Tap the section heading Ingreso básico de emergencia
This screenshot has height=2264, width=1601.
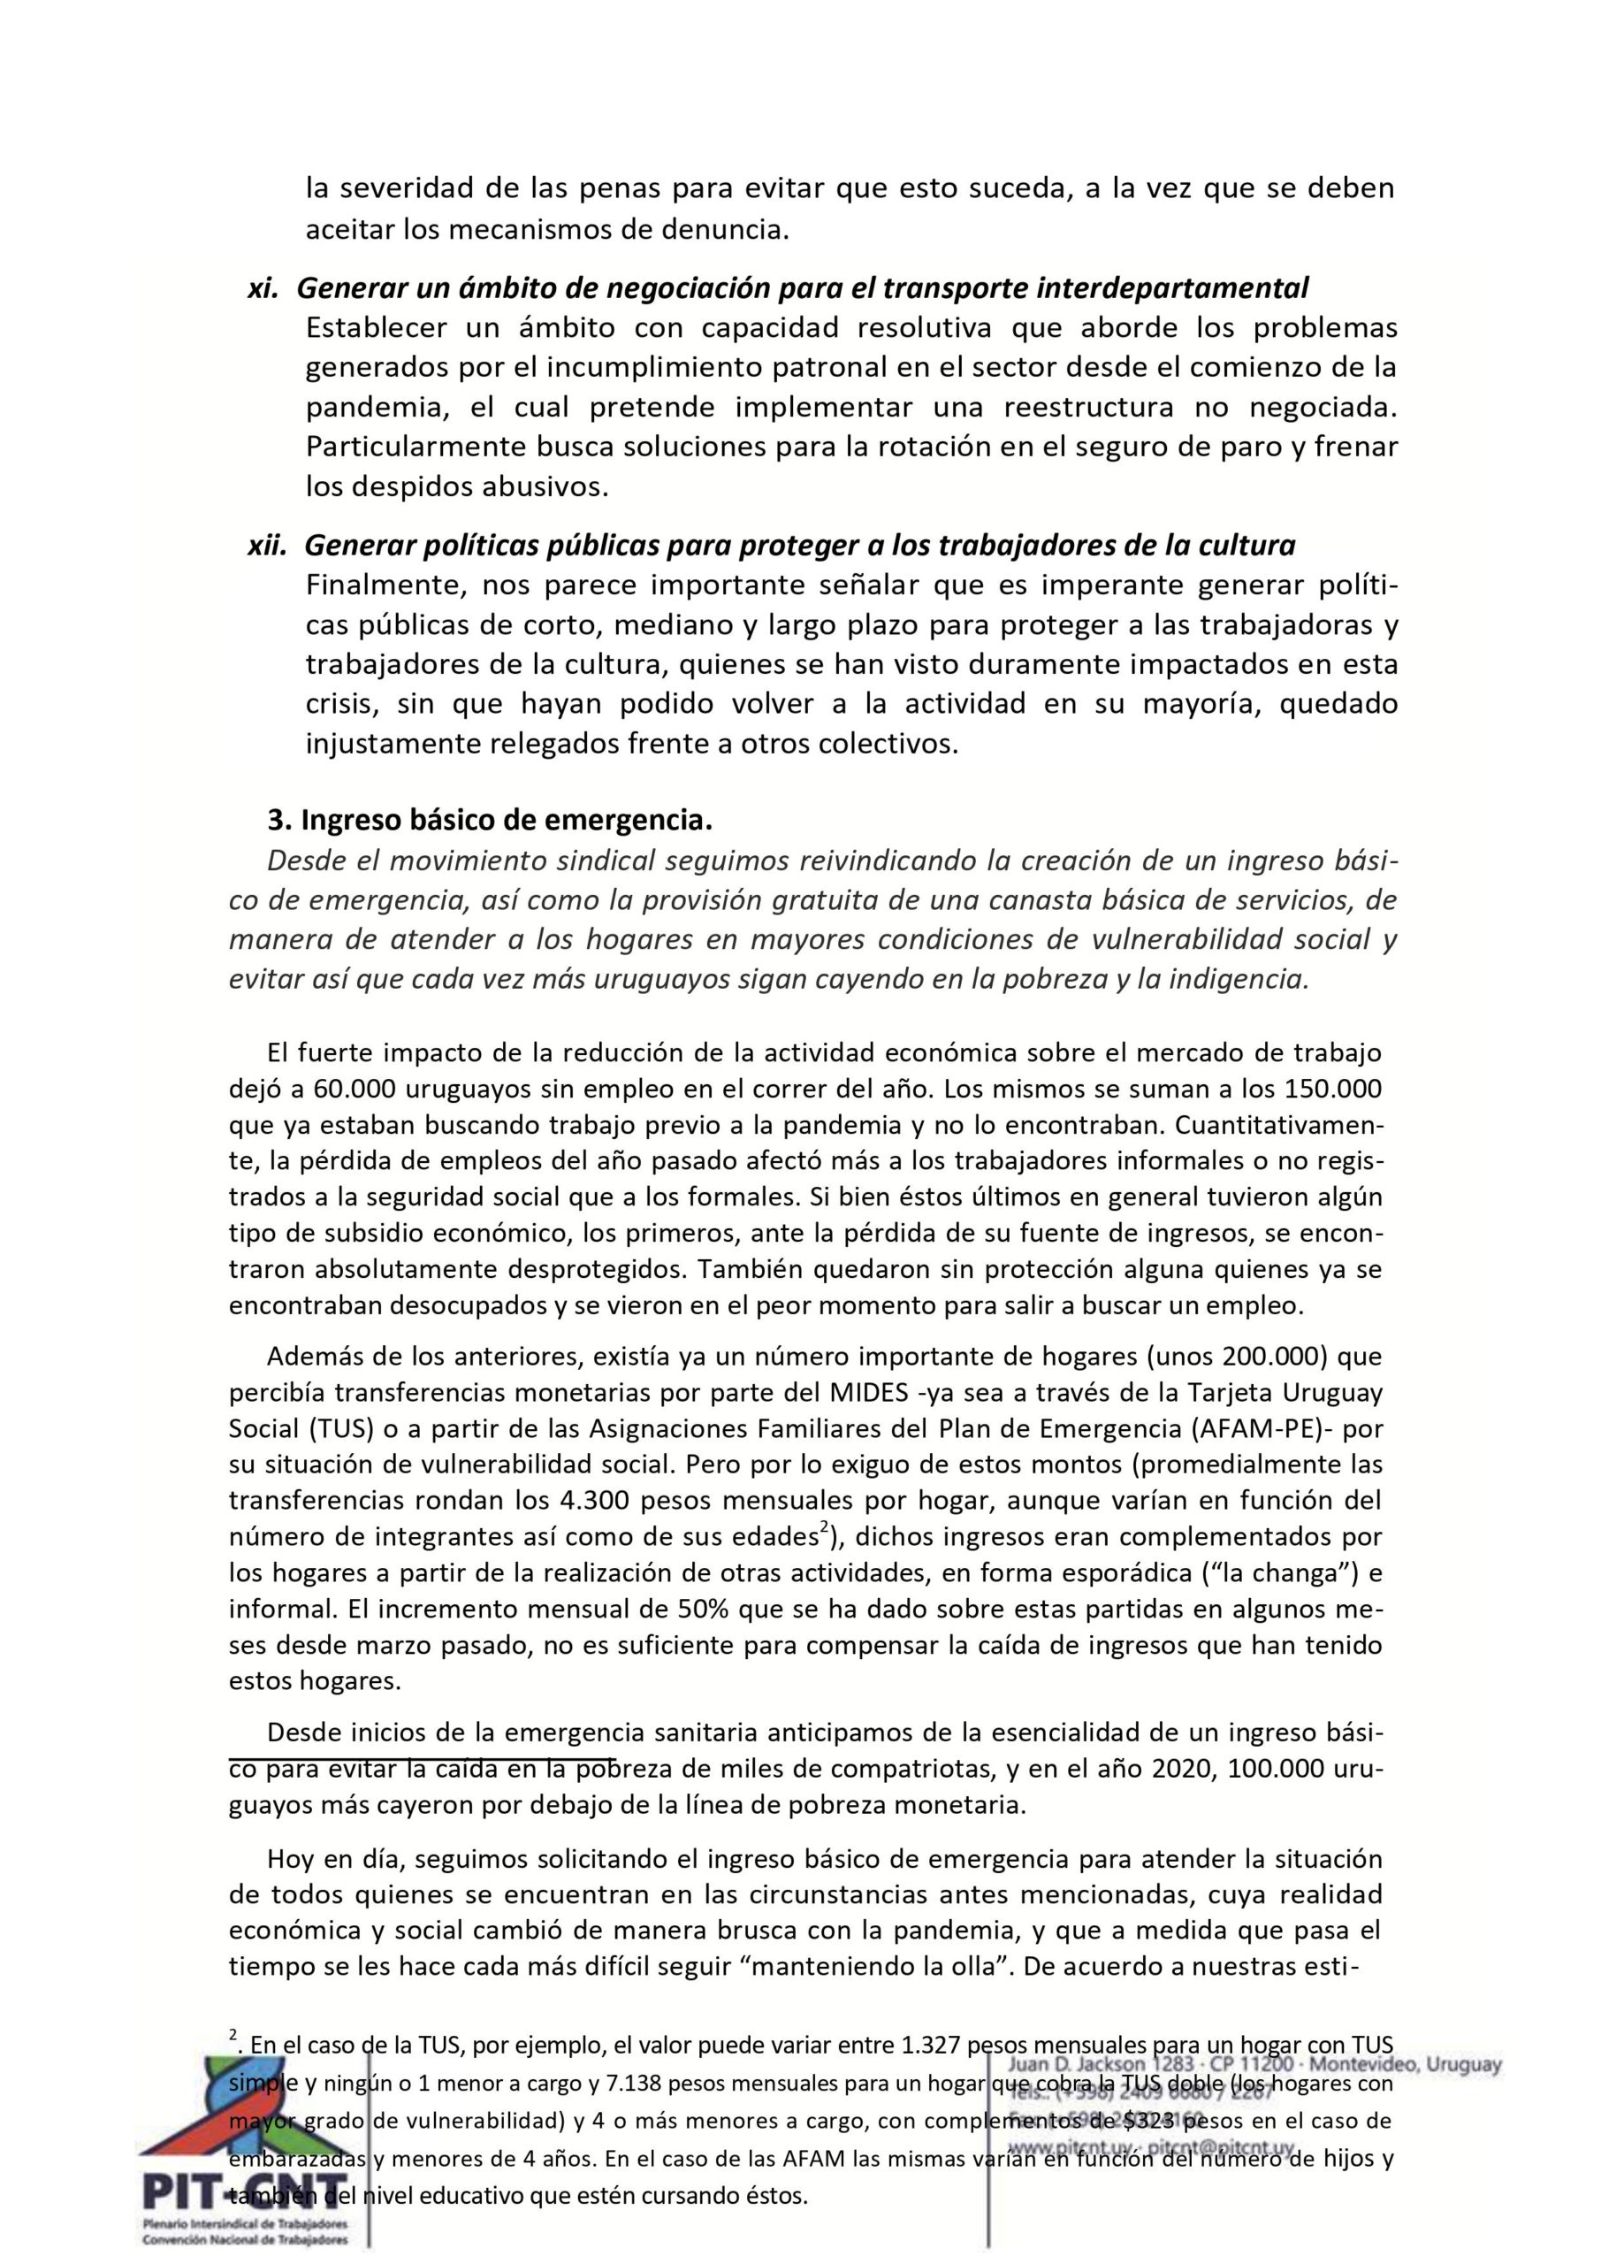coord(489,820)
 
